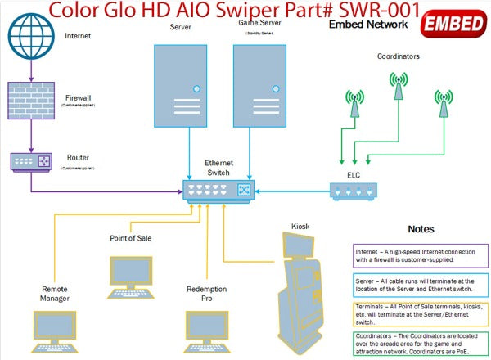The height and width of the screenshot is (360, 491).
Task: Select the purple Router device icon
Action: coord(31,160)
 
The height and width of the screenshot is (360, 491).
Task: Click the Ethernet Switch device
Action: coord(218,191)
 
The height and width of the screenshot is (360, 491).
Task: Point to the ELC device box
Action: coord(354,191)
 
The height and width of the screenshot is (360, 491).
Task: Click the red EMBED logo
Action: coord(455,25)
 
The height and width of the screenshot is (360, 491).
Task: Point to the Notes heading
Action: coord(421,229)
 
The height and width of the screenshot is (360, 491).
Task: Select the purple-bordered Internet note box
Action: coord(421,255)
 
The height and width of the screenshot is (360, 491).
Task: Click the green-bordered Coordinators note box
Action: coord(421,344)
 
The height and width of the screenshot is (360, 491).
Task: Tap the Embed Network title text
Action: coord(367,25)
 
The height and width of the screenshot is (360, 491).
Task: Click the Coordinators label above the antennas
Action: coord(398,57)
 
